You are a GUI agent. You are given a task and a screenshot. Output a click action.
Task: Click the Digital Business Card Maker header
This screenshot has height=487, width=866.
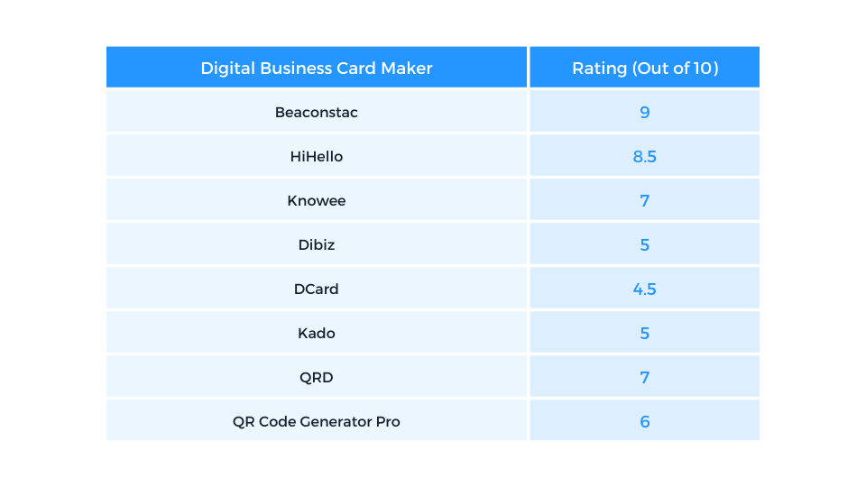pos(317,69)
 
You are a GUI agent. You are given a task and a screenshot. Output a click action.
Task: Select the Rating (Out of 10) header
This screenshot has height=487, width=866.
pos(645,69)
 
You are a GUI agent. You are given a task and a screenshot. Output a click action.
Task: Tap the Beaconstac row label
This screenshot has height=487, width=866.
pos(317,113)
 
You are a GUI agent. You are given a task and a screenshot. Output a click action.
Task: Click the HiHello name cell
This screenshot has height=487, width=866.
pos(317,157)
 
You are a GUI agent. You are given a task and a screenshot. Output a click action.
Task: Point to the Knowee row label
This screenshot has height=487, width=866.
pos(317,201)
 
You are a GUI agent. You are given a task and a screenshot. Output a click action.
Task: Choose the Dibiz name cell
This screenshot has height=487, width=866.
pos(317,245)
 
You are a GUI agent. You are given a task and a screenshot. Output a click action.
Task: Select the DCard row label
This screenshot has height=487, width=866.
pos(317,289)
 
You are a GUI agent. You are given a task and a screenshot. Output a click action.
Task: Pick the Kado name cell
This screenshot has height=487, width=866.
pos(317,334)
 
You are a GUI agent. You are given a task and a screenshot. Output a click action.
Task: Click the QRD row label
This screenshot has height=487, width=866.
pos(317,378)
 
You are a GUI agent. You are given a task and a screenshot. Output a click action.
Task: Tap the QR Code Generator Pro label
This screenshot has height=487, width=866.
pos(317,422)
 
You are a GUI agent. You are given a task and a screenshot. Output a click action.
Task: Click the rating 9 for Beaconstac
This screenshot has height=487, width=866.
pos(645,113)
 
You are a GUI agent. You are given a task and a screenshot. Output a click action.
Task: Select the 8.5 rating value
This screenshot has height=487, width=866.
pos(645,157)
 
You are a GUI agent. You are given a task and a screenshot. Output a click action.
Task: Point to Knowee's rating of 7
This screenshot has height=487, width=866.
pos(645,201)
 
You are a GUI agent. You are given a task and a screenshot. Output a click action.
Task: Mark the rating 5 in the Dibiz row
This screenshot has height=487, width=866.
pos(645,245)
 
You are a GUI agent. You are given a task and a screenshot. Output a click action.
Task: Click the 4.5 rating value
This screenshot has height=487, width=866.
pos(645,289)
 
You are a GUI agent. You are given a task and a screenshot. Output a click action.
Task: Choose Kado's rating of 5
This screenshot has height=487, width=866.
pos(645,334)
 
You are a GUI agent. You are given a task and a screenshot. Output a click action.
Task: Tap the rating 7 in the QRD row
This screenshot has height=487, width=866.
pos(645,378)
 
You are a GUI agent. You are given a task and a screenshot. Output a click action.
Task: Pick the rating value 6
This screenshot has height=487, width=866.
pos(645,422)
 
